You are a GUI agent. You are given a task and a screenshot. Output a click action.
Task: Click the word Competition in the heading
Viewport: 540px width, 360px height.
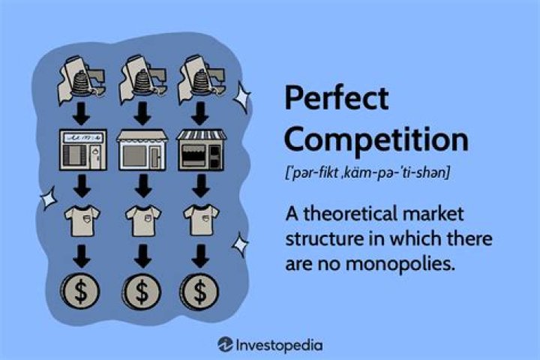376,139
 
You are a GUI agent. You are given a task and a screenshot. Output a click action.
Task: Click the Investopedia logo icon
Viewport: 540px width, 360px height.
226,344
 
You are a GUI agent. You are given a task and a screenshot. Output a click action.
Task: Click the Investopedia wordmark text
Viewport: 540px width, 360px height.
279,344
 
